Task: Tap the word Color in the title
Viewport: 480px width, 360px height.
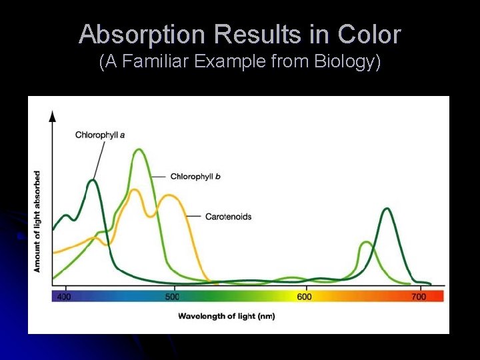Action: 369,34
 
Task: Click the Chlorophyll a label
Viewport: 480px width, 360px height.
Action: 100,135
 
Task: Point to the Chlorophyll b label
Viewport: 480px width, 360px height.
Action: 195,177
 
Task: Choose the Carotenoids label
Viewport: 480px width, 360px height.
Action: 228,217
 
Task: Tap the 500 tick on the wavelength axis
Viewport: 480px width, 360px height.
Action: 172,296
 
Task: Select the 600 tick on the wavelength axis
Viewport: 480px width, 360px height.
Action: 304,296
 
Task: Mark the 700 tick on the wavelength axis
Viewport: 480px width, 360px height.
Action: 419,296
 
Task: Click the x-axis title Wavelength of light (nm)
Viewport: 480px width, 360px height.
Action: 226,316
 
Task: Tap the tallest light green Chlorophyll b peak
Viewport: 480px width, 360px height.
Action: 139,150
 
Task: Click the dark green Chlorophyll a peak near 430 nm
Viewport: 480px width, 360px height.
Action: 93,181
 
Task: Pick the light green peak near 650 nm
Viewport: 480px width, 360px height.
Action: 366,243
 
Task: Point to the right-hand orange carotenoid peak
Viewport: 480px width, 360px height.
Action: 171,196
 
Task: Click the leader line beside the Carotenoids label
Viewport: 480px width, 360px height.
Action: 194,217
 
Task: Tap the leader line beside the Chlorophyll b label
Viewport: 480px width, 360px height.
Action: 159,177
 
